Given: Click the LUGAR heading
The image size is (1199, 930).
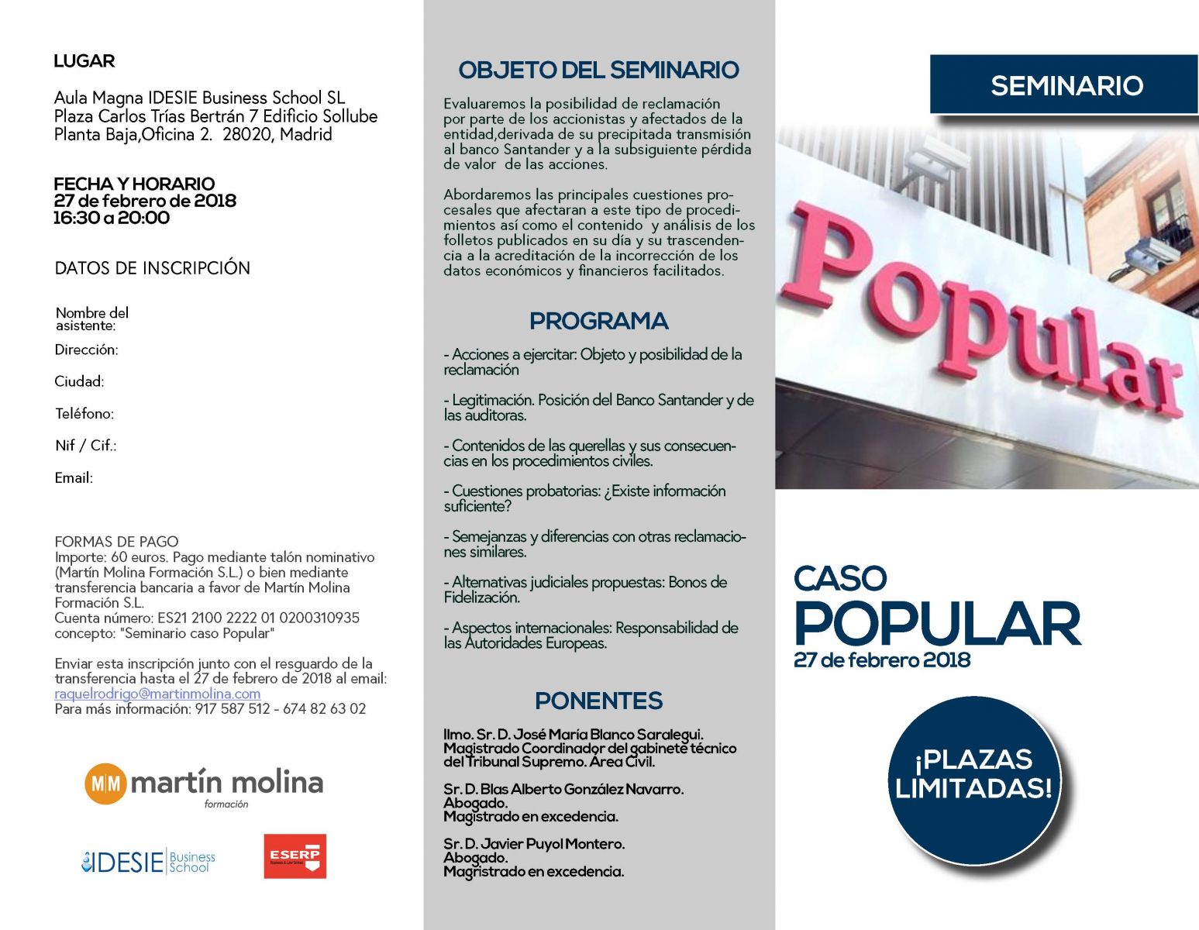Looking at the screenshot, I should click(84, 61).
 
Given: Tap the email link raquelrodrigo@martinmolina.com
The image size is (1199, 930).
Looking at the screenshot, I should click(157, 694).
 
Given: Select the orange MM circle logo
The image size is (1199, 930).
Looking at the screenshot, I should click(105, 784).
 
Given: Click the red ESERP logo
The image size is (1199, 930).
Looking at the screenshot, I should click(295, 856).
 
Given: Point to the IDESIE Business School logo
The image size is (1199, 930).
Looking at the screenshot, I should click(148, 862).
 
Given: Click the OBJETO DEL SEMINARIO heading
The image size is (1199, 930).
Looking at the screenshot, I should click(598, 70).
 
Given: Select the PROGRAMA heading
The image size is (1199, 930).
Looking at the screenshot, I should click(598, 321).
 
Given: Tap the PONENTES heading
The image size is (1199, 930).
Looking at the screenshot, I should click(598, 701).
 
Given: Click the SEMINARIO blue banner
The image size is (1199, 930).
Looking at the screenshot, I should click(1065, 84).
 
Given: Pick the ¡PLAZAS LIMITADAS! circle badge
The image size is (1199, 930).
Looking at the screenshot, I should click(973, 775).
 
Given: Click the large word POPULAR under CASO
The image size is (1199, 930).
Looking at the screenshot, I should click(937, 625).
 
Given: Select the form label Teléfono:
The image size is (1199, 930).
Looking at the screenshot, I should click(84, 414).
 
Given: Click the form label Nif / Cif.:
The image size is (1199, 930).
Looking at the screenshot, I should click(85, 446).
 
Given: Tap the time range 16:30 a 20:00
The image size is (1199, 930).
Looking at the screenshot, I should click(112, 218).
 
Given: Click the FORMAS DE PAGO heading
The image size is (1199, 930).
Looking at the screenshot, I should click(116, 542).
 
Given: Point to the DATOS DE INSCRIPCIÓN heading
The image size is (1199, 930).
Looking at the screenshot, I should click(152, 268).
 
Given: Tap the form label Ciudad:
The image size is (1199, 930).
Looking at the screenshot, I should click(79, 381).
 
